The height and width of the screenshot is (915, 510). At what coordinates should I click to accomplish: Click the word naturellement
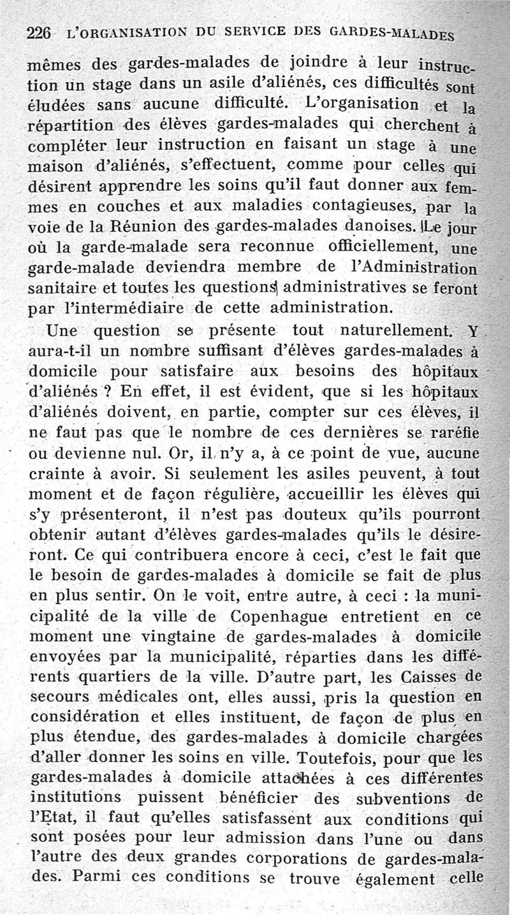pos(392,331)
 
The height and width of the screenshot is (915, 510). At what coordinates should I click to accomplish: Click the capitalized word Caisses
pos(433,677)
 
